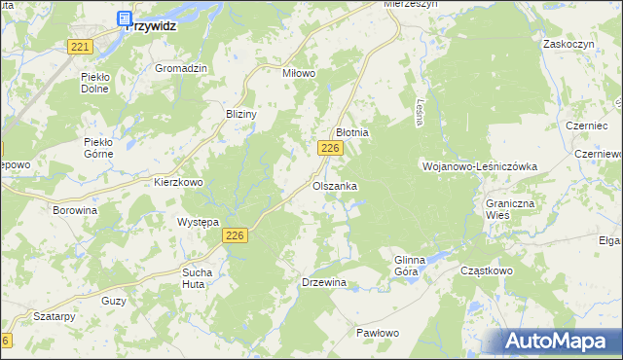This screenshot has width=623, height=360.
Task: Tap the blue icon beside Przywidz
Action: (124, 18)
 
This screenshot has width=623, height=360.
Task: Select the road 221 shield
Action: (81, 47)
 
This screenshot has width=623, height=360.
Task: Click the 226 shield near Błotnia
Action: (330, 147)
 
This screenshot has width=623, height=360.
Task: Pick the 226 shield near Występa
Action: (235, 235)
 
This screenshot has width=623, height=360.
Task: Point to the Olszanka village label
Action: (335, 185)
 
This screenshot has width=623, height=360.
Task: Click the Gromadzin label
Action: (182, 69)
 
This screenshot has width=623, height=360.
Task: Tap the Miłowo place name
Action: (300, 74)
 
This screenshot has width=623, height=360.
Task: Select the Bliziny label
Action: (240, 114)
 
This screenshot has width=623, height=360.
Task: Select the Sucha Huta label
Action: (198, 278)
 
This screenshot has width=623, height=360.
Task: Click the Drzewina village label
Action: (325, 283)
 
